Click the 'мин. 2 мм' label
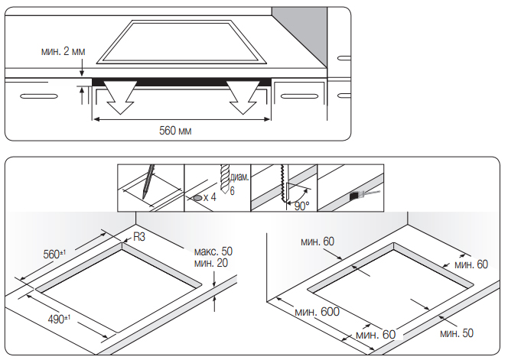pyautogui.click(x=63, y=51)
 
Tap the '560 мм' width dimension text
pyautogui.click(x=175, y=131)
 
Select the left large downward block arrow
pyautogui.click(x=119, y=97)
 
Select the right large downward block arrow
pyautogui.click(x=243, y=97)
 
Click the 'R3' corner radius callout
pyautogui.click(x=139, y=237)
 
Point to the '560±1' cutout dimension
pyautogui.click(x=54, y=254)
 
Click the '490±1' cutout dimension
pyautogui.click(x=59, y=319)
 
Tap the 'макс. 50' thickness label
pyautogui.click(x=213, y=251)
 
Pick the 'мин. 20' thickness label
pyautogui.click(x=211, y=263)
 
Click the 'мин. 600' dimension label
pyautogui.click(x=317, y=312)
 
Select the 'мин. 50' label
pyautogui.click(x=457, y=333)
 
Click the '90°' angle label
pyautogui.click(x=301, y=206)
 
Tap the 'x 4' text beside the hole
pyautogui.click(x=210, y=197)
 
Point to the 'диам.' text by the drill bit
pyautogui.click(x=239, y=177)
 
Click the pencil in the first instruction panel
pyautogui.click(x=148, y=182)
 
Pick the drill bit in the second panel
pyautogui.click(x=225, y=178)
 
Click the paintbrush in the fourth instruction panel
pyautogui.click(x=364, y=195)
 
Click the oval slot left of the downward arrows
pyautogui.click(x=39, y=96)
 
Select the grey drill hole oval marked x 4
pyautogui.click(x=197, y=198)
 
